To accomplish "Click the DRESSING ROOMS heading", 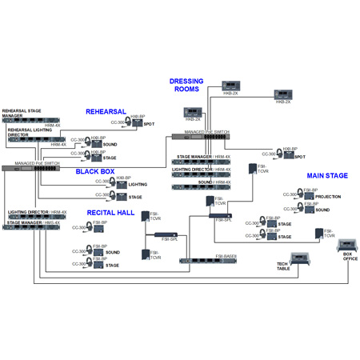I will point(186,85).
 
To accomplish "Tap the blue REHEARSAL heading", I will point(106,112).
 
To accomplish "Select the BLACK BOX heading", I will point(95,171).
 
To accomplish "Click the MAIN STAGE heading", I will point(327,175).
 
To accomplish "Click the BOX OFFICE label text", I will point(348,258).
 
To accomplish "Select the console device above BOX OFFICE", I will point(348,243).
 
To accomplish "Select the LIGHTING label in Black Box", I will point(138,184).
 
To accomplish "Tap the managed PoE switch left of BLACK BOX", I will point(32,169).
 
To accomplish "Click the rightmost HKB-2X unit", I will point(283,94).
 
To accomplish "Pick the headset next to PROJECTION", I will point(291,194).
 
